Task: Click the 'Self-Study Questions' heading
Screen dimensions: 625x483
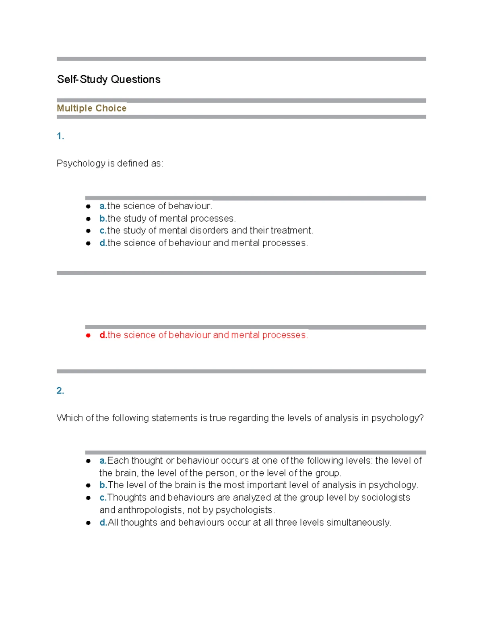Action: coord(109,79)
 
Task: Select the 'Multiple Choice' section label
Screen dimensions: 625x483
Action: coord(91,108)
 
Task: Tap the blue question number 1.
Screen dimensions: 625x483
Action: coord(60,136)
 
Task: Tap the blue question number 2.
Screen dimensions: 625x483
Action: coord(60,391)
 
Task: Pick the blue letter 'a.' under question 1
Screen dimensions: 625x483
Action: coord(103,206)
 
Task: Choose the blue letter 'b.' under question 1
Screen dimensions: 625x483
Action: coord(103,219)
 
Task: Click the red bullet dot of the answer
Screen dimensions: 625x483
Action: coord(88,335)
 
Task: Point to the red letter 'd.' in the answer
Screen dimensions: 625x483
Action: coord(103,335)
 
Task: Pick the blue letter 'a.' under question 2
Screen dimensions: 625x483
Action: coord(103,461)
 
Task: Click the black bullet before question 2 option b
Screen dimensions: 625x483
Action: coord(88,485)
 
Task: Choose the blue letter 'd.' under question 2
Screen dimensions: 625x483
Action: coord(103,523)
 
